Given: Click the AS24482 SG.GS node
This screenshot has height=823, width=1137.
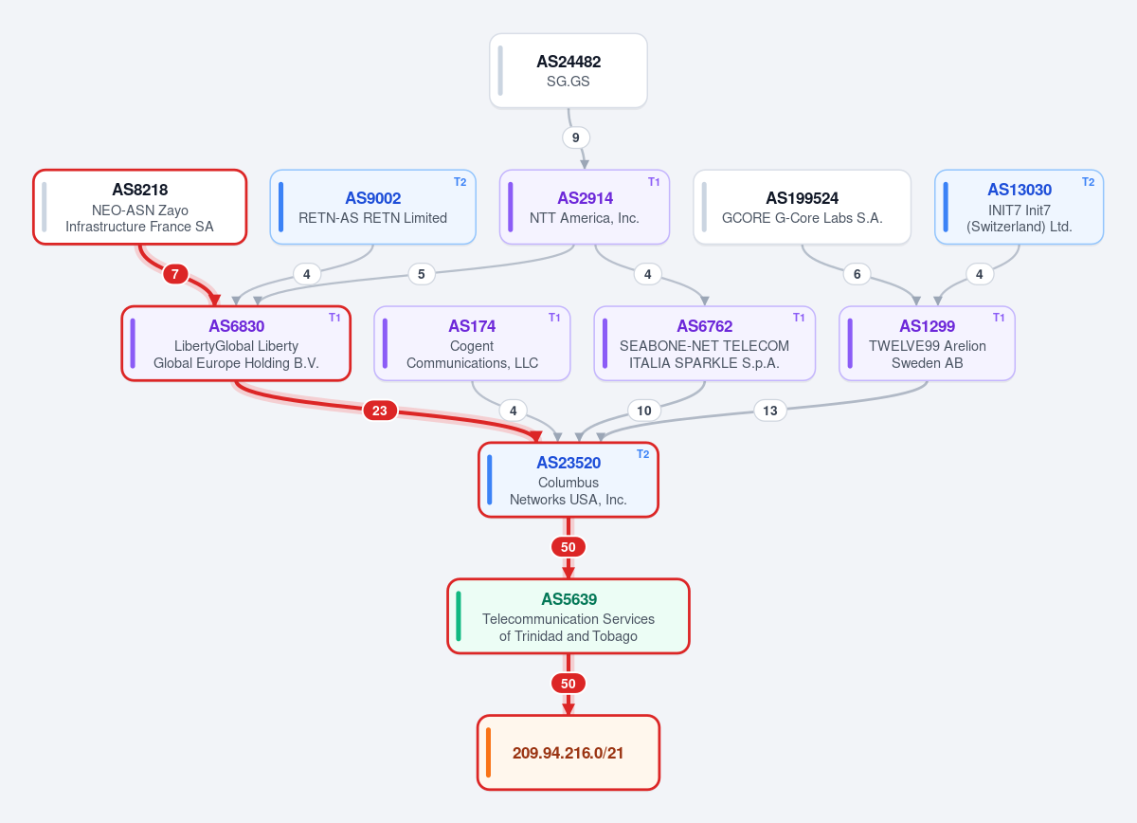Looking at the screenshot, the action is (x=568, y=70).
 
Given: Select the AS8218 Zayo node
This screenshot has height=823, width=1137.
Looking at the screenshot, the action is (x=139, y=207).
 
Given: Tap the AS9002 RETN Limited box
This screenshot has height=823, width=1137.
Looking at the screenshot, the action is (x=372, y=207).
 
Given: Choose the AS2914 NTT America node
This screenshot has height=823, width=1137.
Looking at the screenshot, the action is (x=585, y=207).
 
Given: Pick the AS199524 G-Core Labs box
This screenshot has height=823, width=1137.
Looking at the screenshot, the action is (x=802, y=207).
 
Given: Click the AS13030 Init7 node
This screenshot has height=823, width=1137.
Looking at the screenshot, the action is (x=1019, y=207).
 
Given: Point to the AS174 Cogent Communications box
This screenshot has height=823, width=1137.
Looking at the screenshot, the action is (x=472, y=343).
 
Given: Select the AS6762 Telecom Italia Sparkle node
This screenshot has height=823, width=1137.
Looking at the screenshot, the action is (x=705, y=343).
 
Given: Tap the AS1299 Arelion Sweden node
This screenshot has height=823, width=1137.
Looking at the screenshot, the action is (x=927, y=343).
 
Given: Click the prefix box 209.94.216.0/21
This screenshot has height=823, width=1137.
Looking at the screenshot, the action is (x=568, y=753).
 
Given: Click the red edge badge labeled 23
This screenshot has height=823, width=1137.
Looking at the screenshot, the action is (x=380, y=411).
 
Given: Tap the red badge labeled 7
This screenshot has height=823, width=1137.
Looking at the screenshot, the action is (x=175, y=274).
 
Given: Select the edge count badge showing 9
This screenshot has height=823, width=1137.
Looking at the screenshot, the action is (x=576, y=137).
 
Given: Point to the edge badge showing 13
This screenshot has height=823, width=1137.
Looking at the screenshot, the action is (x=770, y=411).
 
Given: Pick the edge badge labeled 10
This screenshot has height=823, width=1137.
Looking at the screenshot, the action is (x=644, y=411).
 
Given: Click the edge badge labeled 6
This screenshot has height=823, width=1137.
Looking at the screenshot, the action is (x=857, y=274).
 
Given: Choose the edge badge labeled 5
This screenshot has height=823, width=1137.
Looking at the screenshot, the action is (x=422, y=274).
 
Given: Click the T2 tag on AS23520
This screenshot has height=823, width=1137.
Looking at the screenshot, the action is (x=643, y=454).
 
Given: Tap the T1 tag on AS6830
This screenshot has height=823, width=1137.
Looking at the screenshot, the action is (x=334, y=318).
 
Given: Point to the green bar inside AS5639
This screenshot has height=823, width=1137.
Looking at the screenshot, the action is (x=459, y=616).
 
